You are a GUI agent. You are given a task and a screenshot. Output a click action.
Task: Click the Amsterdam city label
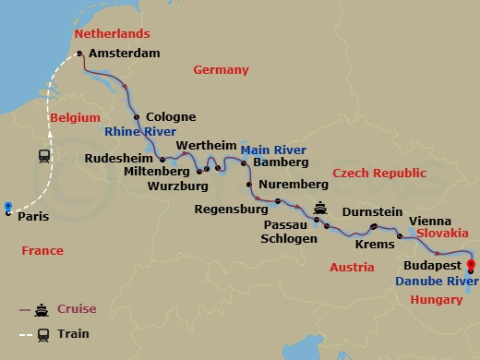coord(126,54)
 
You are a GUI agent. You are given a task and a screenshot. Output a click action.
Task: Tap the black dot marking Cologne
coord(137,117)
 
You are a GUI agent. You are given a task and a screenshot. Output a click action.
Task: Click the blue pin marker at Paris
coord(8,208)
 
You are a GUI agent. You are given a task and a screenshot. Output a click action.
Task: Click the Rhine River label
coord(141,132)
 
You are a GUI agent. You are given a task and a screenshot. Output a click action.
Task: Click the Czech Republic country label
coord(379,173)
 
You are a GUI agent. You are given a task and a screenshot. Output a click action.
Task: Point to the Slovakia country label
coord(442,234)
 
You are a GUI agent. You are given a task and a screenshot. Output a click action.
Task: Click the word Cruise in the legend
coord(76,308)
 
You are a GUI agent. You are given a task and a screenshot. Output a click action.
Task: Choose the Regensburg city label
coord(231,209)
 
